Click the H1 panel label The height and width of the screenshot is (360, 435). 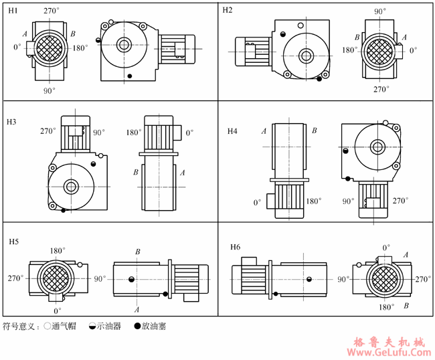[x=13, y=11]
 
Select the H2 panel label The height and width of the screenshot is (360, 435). [x=228, y=11]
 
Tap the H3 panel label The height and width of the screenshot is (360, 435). [x=12, y=122]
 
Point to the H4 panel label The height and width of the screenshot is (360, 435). [x=232, y=131]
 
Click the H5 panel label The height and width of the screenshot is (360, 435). [x=13, y=240]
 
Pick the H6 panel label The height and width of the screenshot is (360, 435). [x=235, y=247]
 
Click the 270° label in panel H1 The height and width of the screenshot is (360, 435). [x=50, y=11]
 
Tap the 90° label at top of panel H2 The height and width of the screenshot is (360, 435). [x=380, y=11]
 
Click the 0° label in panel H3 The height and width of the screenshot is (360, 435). [x=189, y=133]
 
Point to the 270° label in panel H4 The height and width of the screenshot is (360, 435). [x=400, y=200]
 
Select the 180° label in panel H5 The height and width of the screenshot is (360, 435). [x=56, y=251]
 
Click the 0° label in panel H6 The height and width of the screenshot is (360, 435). [x=386, y=247]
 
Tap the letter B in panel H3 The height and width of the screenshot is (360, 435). [x=136, y=173]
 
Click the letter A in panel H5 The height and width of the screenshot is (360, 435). [x=137, y=310]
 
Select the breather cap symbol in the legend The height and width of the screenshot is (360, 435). [x=47, y=327]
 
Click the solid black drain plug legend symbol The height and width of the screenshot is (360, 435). [x=137, y=327]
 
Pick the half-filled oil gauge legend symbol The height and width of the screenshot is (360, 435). [x=92, y=327]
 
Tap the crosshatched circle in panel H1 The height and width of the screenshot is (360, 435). [x=50, y=48]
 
